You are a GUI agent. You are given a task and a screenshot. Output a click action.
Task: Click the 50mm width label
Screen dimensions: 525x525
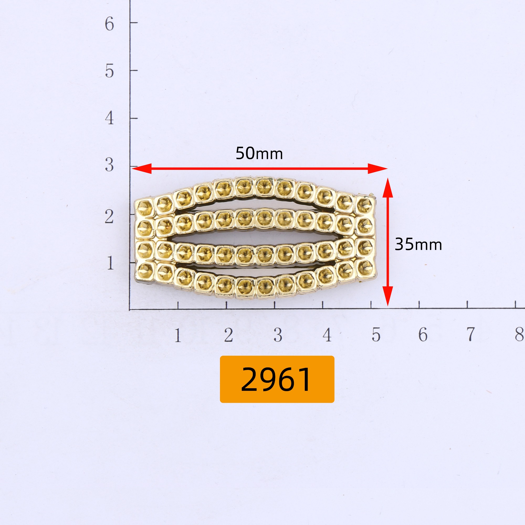259,153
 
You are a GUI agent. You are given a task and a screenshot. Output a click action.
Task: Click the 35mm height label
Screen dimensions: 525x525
418,244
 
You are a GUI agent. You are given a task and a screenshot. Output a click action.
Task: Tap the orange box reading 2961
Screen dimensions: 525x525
277,379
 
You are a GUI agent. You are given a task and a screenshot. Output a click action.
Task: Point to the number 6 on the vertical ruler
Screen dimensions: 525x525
109,24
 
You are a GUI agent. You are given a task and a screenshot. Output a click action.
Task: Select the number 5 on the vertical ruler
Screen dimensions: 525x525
109,71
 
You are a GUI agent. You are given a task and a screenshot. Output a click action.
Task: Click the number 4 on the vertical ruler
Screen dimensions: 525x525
109,118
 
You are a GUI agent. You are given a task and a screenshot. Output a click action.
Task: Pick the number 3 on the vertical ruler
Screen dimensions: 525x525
109,165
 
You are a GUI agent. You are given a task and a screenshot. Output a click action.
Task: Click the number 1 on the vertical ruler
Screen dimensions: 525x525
110,263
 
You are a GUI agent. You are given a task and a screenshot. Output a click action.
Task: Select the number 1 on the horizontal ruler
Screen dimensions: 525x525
178,335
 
